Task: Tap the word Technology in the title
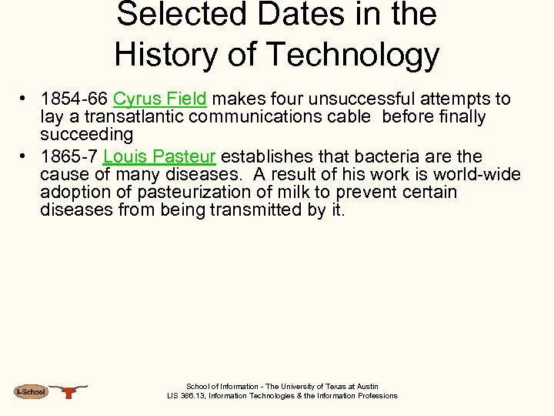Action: coord(354,54)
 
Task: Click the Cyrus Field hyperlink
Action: coord(160,99)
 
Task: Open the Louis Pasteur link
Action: coord(159,156)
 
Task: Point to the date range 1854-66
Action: coord(74,99)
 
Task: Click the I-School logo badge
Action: coord(31,392)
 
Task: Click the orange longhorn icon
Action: coord(69,391)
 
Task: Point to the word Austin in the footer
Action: coord(365,387)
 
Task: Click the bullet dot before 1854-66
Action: coord(25,99)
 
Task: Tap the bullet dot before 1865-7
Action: coord(25,157)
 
